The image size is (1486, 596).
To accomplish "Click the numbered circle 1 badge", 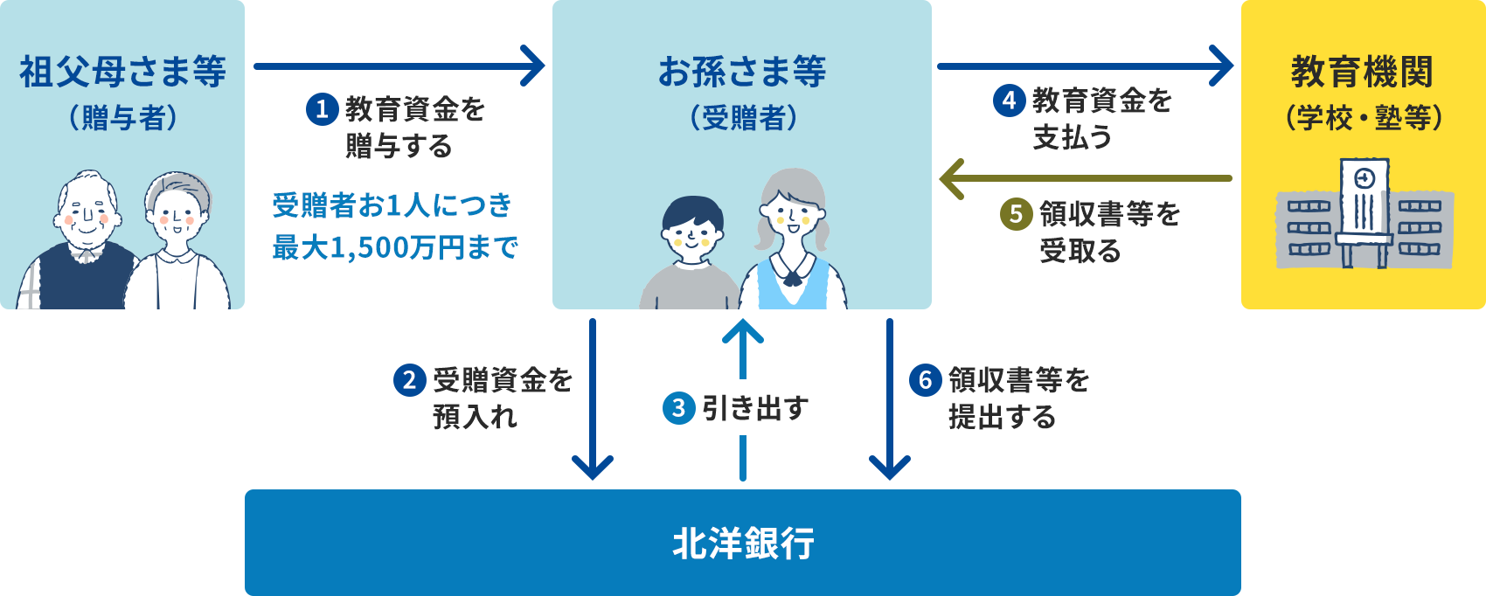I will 322,109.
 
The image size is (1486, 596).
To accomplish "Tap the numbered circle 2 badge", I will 409,380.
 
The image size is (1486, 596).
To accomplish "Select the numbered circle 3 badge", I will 678,408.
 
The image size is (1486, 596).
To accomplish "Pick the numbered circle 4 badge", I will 1009,100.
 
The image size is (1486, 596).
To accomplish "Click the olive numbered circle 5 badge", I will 1016,214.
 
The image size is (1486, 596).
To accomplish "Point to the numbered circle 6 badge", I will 925,380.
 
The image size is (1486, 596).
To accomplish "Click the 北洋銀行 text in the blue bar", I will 743,544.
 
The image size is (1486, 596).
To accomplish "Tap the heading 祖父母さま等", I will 122,72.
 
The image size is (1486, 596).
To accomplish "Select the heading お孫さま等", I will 741,72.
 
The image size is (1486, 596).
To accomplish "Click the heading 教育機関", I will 1362,72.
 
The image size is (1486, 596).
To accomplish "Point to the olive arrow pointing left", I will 1084,178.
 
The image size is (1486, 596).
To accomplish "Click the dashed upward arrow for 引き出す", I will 743,398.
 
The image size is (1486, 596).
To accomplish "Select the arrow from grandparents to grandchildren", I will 398,66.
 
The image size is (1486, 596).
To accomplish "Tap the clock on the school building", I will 1364,178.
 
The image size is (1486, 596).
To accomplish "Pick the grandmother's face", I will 178,214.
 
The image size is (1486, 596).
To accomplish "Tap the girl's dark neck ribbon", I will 793,278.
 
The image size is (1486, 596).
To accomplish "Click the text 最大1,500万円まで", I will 395,247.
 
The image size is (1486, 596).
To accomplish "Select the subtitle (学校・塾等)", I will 1363,117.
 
